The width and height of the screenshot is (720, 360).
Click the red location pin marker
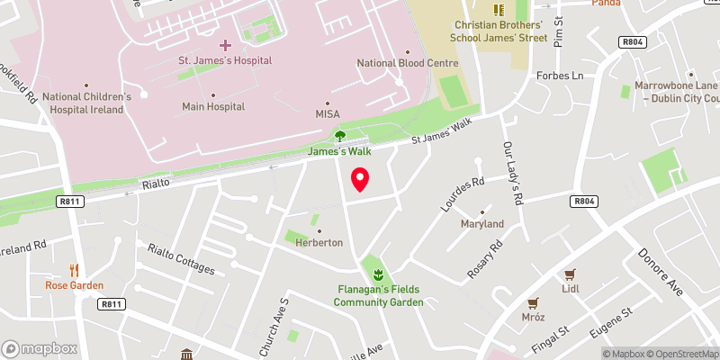(360, 179)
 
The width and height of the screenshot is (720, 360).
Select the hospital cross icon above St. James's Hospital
(225, 44)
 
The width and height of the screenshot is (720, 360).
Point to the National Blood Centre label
(408, 63)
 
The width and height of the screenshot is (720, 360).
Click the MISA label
(327, 114)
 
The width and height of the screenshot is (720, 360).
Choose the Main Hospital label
(213, 106)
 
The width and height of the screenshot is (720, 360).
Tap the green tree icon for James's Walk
(340, 136)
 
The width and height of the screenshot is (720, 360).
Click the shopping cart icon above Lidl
(569, 274)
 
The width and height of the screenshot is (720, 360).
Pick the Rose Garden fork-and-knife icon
(75, 270)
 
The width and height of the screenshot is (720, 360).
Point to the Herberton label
(318, 243)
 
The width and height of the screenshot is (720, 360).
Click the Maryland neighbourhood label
(481, 223)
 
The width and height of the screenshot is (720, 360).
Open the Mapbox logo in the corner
(40, 348)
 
